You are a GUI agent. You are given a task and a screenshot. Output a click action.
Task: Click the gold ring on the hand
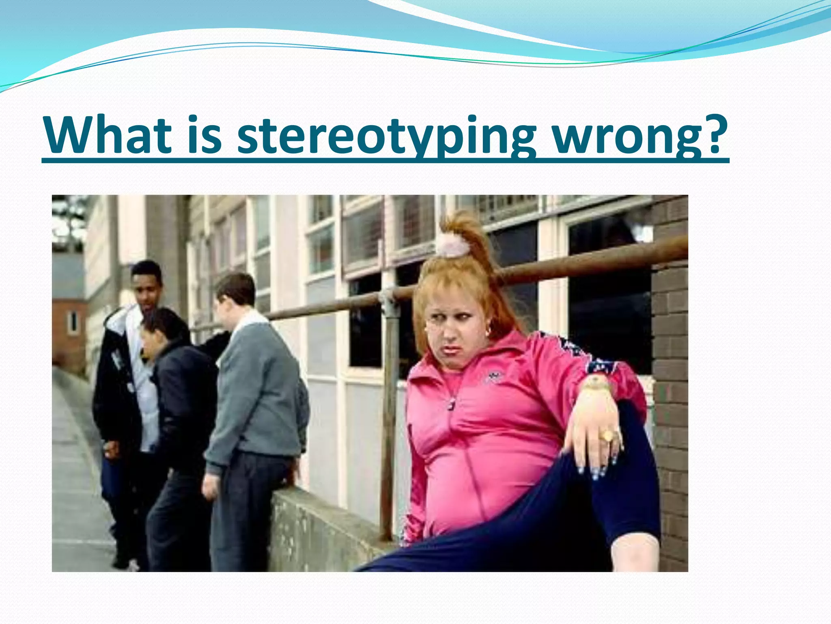click(607, 436)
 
